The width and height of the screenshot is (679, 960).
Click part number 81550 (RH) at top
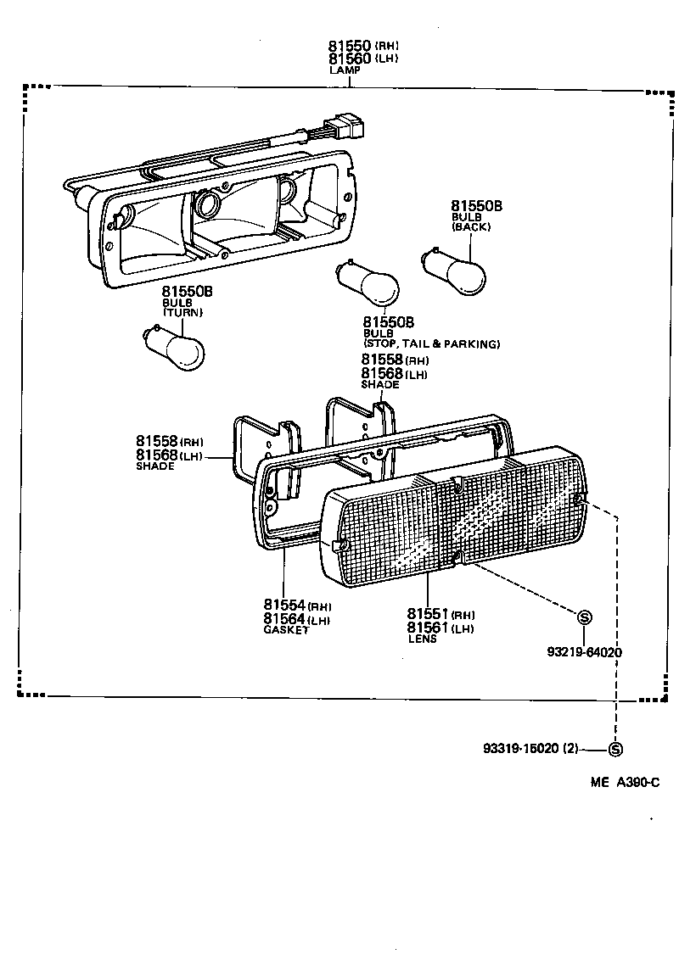tap(362, 46)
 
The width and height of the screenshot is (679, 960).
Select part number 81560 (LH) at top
tap(362, 59)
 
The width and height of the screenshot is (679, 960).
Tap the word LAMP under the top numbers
tap(345, 70)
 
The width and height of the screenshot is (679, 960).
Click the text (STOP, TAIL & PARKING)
tap(431, 344)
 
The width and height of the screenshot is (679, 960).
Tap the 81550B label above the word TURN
tap(187, 292)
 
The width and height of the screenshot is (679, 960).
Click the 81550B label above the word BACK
tap(476, 206)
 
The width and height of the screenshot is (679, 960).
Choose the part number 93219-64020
tap(585, 652)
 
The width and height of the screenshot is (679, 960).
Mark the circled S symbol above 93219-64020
tap(585, 617)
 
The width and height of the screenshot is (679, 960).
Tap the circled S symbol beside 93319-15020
tap(616, 750)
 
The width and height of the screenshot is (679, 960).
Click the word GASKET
tap(286, 630)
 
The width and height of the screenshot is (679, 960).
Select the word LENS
tap(422, 639)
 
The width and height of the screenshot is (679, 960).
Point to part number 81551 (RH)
tap(440, 614)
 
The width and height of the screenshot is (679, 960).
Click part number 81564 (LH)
tap(296, 619)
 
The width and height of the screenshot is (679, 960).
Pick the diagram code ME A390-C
tap(626, 782)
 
